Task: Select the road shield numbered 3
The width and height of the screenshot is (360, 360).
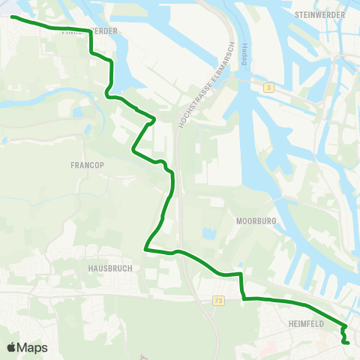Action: [x=268, y=88]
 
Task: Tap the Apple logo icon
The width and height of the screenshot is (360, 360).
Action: [x=12, y=347]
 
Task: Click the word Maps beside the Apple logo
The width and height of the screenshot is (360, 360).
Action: [x=33, y=347]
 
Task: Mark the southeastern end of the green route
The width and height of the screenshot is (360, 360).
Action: [x=349, y=343]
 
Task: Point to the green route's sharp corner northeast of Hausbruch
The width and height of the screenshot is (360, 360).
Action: [x=146, y=248]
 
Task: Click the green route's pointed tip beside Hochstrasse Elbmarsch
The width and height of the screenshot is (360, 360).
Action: [x=154, y=118]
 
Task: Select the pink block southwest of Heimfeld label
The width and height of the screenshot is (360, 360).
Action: [x=268, y=347]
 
